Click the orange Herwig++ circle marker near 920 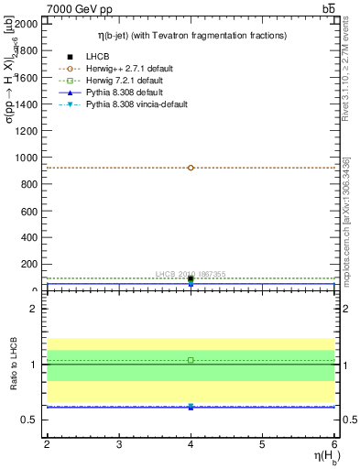pos(191,168)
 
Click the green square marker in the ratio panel pos(191,360)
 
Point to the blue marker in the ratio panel pos(191,406)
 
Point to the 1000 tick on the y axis pos(28,158)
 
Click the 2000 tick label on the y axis pos(28,24)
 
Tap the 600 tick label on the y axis pos(31,211)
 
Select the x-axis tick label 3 pos(119,444)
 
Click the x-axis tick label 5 pos(262,444)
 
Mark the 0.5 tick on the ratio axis pos(30,420)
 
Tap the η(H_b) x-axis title pos(321,458)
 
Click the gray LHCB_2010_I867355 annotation pos(191,274)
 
